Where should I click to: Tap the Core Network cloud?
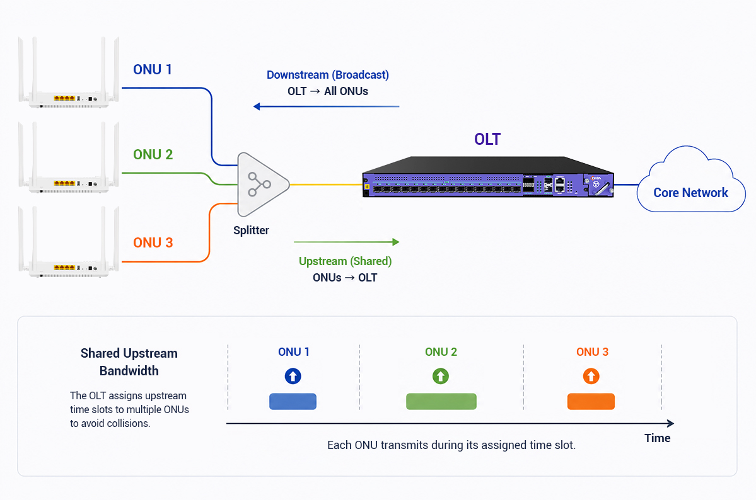[x=691, y=181]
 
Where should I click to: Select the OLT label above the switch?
[x=487, y=139]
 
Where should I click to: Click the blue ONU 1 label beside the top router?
[x=153, y=69]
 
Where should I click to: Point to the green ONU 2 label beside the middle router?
[x=153, y=154]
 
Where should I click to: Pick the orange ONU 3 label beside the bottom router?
[x=153, y=242]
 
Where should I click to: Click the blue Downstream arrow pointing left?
[x=327, y=106]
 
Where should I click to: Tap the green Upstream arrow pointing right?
[x=347, y=242]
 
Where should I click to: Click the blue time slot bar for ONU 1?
[x=293, y=401]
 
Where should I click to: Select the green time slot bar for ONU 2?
[x=441, y=401]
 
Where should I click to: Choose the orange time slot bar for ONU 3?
[x=591, y=401]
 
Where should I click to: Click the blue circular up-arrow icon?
[x=293, y=376]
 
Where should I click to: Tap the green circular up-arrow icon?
[x=441, y=376]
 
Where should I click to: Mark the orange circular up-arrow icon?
[x=591, y=376]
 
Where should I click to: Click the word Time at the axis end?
[x=658, y=438]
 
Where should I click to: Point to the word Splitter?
[x=251, y=230]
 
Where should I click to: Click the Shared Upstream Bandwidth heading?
[x=129, y=361]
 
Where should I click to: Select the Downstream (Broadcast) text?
[x=328, y=75]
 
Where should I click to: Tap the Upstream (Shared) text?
[x=346, y=261]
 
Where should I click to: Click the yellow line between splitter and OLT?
[x=326, y=185]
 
